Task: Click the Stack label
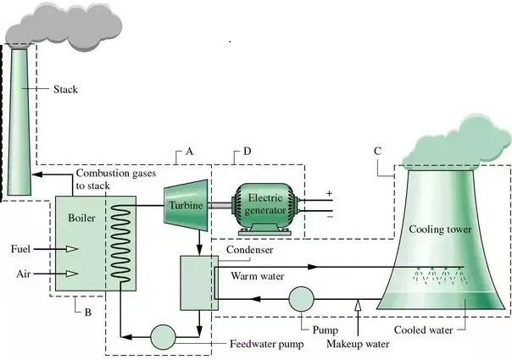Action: (x=65, y=89)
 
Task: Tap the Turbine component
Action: (x=186, y=205)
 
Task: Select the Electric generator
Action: (x=264, y=209)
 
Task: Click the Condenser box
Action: (x=199, y=283)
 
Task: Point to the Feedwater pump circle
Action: (x=163, y=337)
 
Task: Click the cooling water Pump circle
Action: (x=302, y=299)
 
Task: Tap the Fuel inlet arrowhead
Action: (x=72, y=249)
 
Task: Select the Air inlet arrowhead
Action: (x=72, y=274)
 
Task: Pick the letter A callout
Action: (x=189, y=152)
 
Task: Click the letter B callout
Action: (x=88, y=313)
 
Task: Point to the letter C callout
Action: (x=377, y=151)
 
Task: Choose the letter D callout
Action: (x=248, y=152)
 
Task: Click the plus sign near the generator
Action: (x=329, y=193)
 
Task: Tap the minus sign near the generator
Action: (x=331, y=217)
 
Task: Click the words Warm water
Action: (x=258, y=276)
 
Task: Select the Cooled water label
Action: (x=423, y=330)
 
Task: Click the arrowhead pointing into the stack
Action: (x=37, y=174)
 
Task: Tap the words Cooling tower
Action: (x=440, y=229)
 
